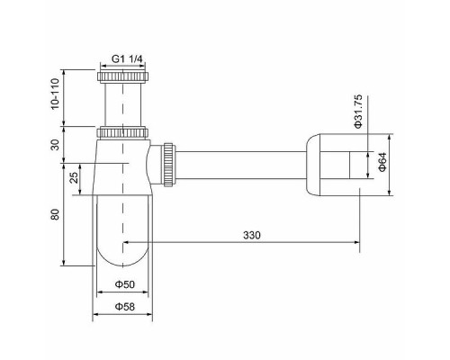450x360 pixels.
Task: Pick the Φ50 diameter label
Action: tap(124, 285)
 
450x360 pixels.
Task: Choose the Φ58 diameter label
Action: tap(124, 307)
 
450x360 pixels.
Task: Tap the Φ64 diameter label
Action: tap(382, 163)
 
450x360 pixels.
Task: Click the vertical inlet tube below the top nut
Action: tap(123, 103)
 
